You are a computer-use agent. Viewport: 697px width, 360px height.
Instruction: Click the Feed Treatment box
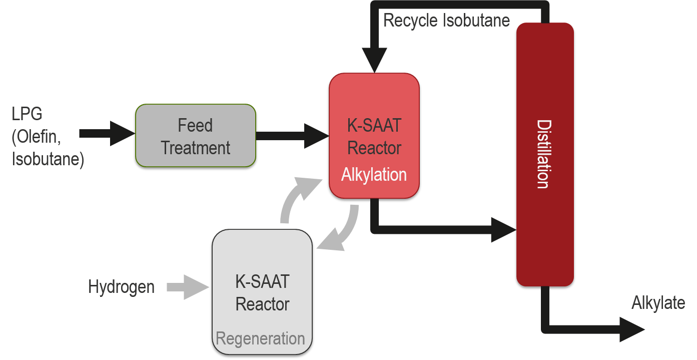(196, 136)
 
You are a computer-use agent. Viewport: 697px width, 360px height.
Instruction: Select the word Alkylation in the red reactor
(374, 175)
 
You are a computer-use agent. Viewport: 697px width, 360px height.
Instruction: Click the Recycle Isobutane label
(446, 20)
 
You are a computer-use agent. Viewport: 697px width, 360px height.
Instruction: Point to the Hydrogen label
(121, 287)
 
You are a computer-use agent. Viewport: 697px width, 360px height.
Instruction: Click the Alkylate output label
(658, 303)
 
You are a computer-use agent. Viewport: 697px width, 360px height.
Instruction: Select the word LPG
(27, 114)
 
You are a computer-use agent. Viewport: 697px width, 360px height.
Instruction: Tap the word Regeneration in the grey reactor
(260, 338)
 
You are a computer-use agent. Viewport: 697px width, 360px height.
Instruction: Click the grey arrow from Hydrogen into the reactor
(188, 287)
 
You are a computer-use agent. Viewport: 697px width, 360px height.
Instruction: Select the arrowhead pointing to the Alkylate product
(631, 329)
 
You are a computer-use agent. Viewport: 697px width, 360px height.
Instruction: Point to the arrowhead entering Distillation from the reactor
(502, 230)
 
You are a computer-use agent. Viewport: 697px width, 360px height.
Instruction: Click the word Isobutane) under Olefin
(48, 159)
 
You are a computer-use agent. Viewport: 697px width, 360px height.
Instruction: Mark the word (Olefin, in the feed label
(36, 136)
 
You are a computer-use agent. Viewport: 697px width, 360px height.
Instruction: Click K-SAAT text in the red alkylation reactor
(374, 125)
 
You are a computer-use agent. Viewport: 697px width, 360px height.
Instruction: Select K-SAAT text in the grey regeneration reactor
(262, 281)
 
